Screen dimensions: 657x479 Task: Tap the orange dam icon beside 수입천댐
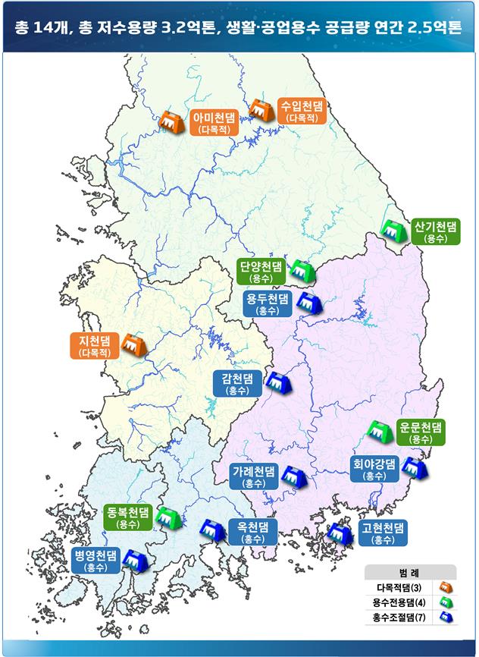(261, 112)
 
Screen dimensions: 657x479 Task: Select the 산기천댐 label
(436, 231)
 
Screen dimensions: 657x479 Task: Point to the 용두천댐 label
(267, 303)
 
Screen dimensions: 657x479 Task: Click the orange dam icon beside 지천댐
(133, 344)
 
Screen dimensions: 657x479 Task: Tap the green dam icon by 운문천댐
(378, 429)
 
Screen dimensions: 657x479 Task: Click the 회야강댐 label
(374, 468)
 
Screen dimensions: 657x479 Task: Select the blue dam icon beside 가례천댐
(293, 476)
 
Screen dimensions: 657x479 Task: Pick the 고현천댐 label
(384, 532)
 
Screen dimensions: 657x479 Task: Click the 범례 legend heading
(409, 571)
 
